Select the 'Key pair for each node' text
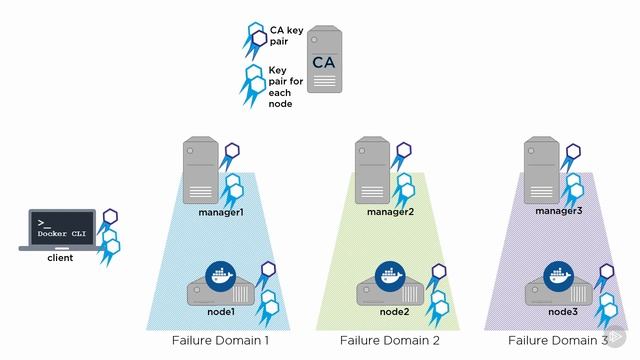point(280,86)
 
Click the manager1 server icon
point(202,170)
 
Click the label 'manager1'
point(221,213)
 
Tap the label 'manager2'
point(391,213)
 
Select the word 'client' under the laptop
point(60,258)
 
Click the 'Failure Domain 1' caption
point(220,341)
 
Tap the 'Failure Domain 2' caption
point(390,341)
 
